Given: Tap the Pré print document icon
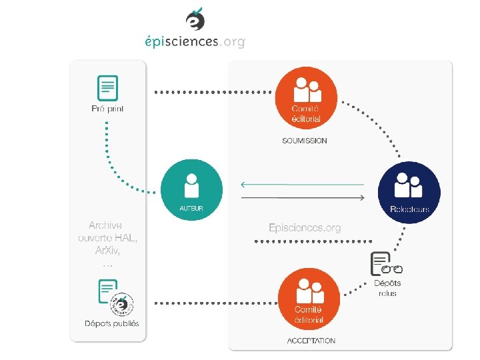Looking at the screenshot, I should pos(107,88).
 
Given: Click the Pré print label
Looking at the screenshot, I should pos(107,108).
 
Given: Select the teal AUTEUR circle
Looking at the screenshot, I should pos(191,189).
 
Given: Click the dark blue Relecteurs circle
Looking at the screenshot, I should pos(409,189).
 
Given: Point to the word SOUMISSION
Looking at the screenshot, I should pos(305,141).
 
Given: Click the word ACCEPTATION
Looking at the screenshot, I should pos(311,341).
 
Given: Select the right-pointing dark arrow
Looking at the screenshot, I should pos(303,198).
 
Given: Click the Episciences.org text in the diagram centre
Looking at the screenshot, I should pos(305,228).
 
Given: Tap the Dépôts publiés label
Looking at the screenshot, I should pos(112,324).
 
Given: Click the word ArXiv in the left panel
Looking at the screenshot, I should pos(107,250).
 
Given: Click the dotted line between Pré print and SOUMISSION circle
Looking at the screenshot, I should pos(213,91).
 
